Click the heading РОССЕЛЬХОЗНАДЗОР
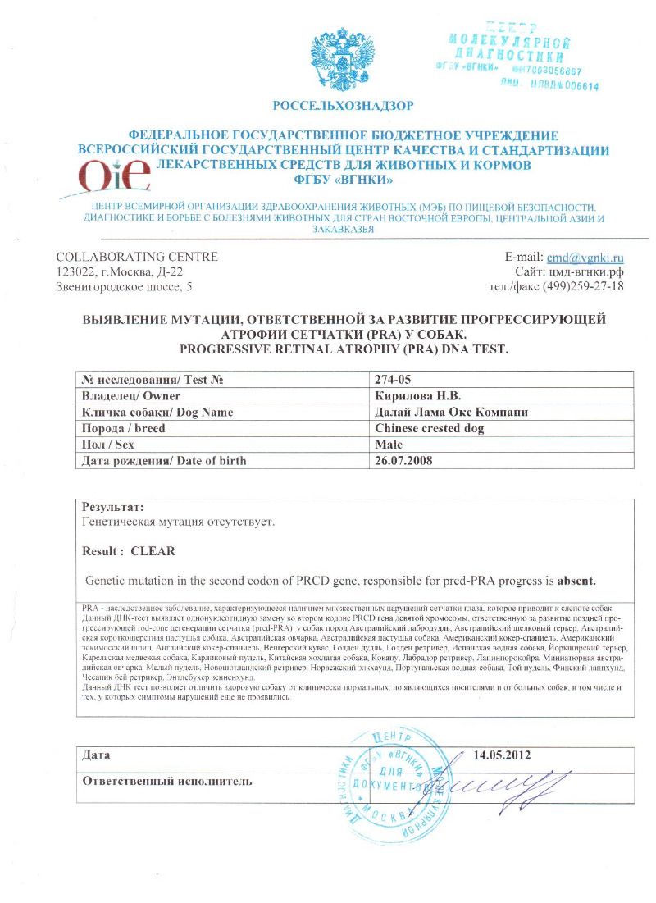[x=344, y=105]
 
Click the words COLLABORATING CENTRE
[x=136, y=257]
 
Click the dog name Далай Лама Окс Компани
[x=449, y=412]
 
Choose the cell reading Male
[x=389, y=444]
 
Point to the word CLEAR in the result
[x=153, y=550]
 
